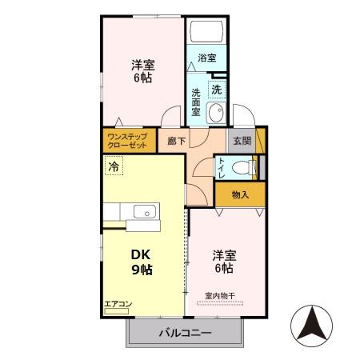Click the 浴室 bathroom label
208,58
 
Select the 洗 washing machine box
216,89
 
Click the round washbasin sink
214,114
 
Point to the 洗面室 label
197,102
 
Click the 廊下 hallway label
176,141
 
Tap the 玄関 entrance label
242,141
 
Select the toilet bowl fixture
243,168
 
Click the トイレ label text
222,167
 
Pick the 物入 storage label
239,194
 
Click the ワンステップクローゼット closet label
128,142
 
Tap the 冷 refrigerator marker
114,167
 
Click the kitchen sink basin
145,212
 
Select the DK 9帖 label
142,262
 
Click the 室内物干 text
219,296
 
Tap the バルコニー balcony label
184,332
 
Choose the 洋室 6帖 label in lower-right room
223,262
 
